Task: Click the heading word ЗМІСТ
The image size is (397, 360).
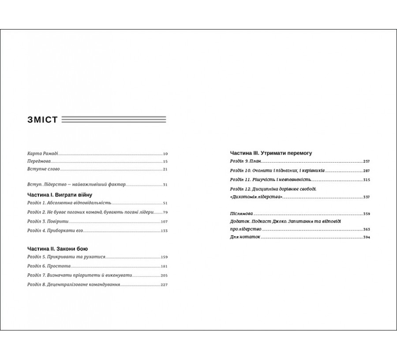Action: point(42,120)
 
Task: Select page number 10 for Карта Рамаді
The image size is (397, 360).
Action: point(165,154)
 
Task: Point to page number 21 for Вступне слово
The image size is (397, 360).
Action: point(165,169)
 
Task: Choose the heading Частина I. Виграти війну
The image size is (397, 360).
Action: point(59,195)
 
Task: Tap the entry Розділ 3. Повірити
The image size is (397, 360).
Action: point(45,221)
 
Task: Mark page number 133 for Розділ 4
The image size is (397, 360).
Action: point(165,230)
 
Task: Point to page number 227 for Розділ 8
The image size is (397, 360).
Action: point(164,285)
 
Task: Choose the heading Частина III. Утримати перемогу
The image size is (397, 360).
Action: point(271,153)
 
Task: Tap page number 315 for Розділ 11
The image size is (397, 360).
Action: point(366,180)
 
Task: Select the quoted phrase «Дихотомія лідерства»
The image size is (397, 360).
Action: point(256,197)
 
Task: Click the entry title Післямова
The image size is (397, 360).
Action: point(242,214)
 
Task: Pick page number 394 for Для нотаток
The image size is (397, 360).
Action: point(366,238)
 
